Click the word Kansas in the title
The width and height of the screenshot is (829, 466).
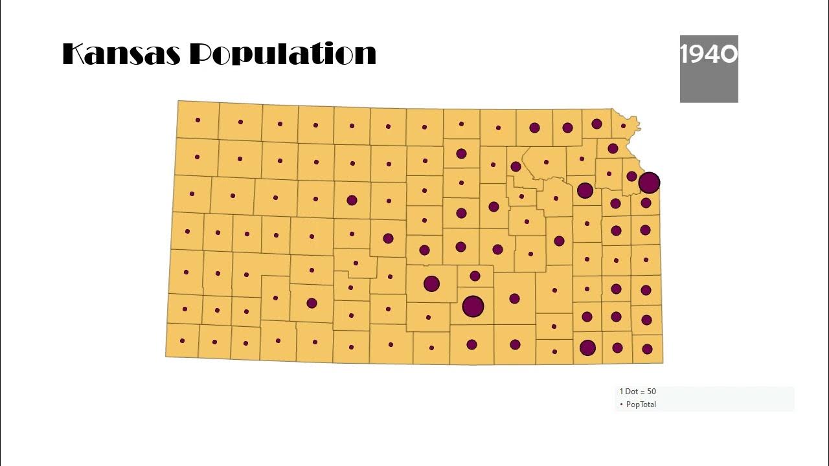(x=121, y=54)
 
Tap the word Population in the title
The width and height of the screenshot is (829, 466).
(x=283, y=55)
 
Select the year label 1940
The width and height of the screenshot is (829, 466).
(x=709, y=54)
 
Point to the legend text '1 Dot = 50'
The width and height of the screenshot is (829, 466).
(x=637, y=392)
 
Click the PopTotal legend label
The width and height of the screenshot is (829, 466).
(x=641, y=405)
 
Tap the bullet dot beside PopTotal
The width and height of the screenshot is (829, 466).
(x=621, y=405)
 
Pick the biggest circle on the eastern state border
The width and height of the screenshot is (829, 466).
(x=649, y=183)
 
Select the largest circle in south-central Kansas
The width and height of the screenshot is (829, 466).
(x=473, y=306)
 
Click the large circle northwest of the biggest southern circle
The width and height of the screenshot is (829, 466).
(x=431, y=283)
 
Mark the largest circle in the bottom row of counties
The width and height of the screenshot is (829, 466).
(x=587, y=348)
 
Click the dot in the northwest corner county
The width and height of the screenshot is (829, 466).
(x=198, y=120)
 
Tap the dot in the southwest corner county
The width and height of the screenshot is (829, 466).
(x=182, y=340)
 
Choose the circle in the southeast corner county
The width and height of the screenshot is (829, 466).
(x=647, y=349)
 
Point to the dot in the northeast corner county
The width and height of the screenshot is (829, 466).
(x=623, y=126)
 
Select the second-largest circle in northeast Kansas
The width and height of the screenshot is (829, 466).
(x=585, y=190)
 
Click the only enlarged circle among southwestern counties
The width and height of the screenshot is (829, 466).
(x=312, y=303)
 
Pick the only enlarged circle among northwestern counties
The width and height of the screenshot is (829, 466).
(x=352, y=200)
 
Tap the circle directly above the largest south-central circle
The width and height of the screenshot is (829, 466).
(x=475, y=276)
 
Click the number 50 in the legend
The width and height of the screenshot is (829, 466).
(x=652, y=392)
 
